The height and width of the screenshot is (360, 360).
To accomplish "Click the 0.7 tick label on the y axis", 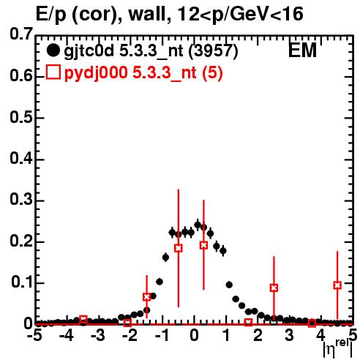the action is pyautogui.click(x=21, y=34).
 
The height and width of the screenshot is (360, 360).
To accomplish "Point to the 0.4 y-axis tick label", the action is pyautogui.click(x=21, y=159).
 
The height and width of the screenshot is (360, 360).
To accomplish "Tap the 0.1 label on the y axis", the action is pyautogui.click(x=22, y=282).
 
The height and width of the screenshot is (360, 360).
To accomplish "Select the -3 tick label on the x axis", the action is pyautogui.click(x=98, y=336).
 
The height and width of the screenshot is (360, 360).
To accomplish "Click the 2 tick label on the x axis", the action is pyautogui.click(x=258, y=336).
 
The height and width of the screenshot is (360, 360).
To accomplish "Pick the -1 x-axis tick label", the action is pyautogui.click(x=162, y=336).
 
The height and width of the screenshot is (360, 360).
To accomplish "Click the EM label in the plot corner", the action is pyautogui.click(x=302, y=50).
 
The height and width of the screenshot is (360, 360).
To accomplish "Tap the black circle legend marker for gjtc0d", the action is pyautogui.click(x=53, y=50).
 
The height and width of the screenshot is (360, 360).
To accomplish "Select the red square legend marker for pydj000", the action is pyautogui.click(x=53, y=72).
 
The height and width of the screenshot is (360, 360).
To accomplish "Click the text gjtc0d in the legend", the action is pyautogui.click(x=89, y=51).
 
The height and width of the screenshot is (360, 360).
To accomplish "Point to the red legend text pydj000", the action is pyautogui.click(x=96, y=73).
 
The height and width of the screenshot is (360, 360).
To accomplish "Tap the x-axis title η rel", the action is pyautogui.click(x=338, y=349).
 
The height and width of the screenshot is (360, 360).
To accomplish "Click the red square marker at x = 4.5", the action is pyautogui.click(x=337, y=285).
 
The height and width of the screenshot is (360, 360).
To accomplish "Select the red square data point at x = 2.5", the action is pyautogui.click(x=274, y=288).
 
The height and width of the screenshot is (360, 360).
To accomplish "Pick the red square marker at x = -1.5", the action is pyautogui.click(x=146, y=297).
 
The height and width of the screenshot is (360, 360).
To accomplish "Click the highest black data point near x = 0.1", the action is pyautogui.click(x=198, y=225).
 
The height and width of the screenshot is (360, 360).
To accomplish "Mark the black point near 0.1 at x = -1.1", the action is pyautogui.click(x=160, y=282).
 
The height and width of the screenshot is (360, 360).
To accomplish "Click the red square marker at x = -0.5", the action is pyautogui.click(x=179, y=248).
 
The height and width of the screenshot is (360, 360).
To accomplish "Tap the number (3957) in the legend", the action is pyautogui.click(x=214, y=51).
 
